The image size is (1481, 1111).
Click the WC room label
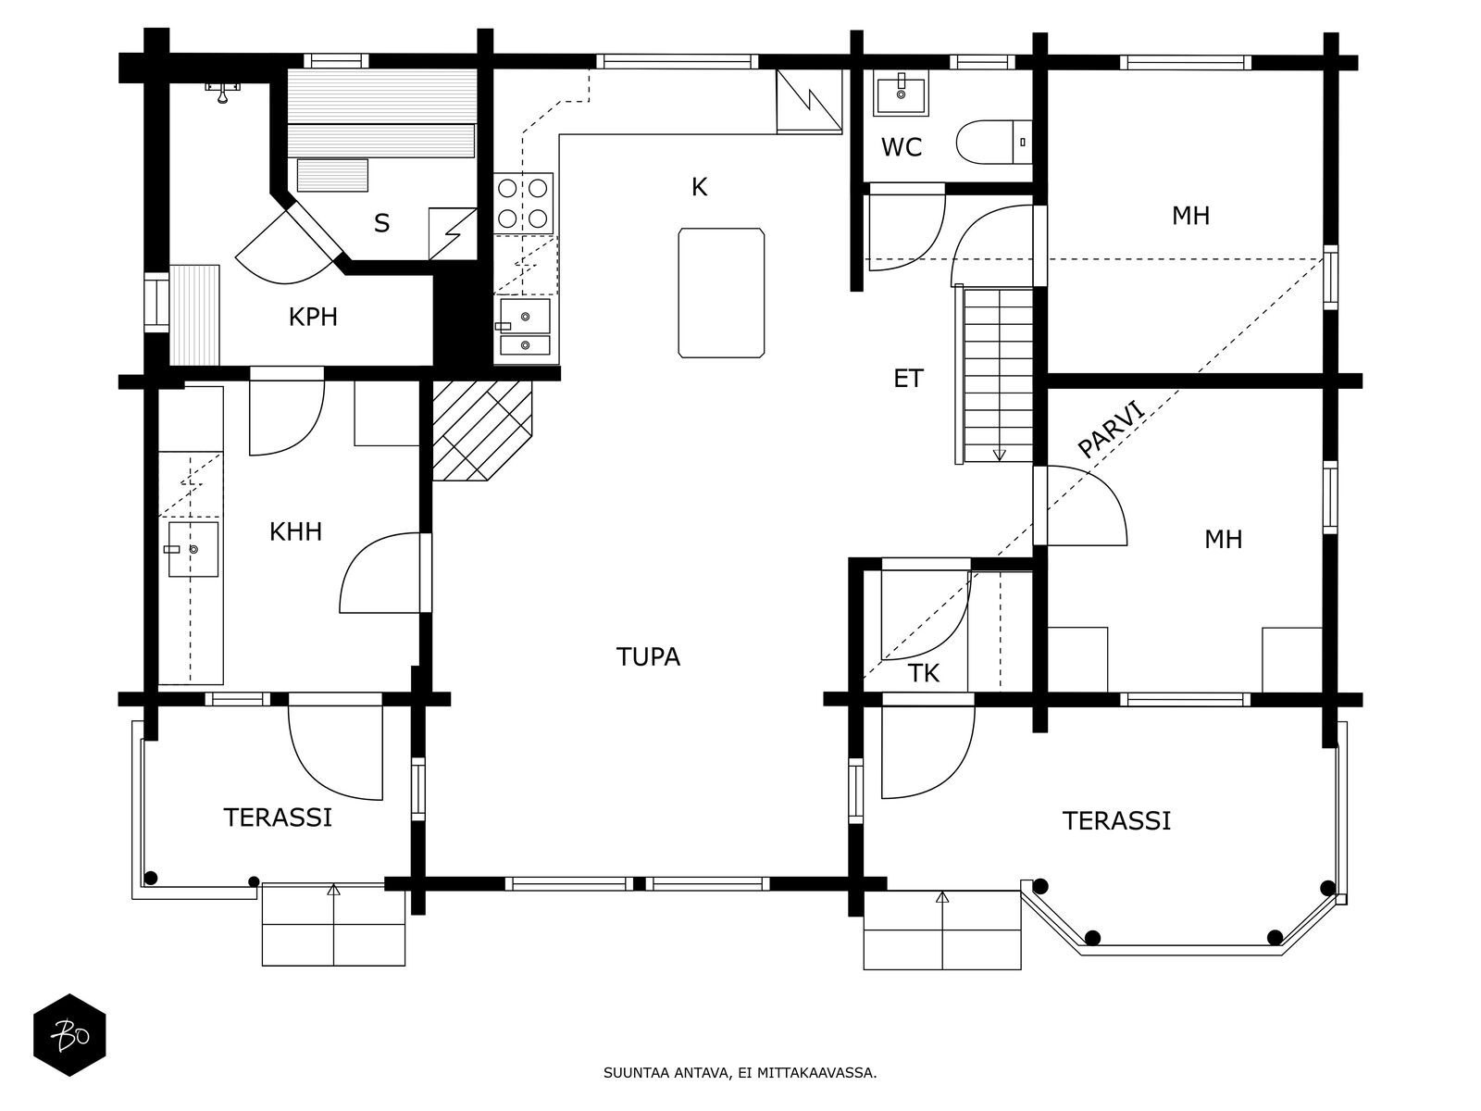(901, 147)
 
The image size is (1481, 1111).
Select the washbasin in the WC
(901, 93)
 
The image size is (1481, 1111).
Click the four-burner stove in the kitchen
(522, 204)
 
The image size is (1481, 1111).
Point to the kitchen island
(722, 292)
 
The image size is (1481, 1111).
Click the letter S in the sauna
(381, 223)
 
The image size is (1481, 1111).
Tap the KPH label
(313, 318)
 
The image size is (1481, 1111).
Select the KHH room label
(295, 531)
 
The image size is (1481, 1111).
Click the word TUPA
(648, 657)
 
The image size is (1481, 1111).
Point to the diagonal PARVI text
(1112, 428)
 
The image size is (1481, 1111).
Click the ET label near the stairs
(908, 379)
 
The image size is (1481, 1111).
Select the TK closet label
(923, 674)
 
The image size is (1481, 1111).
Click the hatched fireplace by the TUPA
(481, 431)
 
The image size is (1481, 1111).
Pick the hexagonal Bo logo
(69, 1035)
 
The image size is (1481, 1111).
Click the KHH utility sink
(193, 549)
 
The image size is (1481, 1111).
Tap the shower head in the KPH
(222, 91)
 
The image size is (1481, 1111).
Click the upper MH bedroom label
(1190, 217)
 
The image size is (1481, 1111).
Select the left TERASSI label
(278, 818)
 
